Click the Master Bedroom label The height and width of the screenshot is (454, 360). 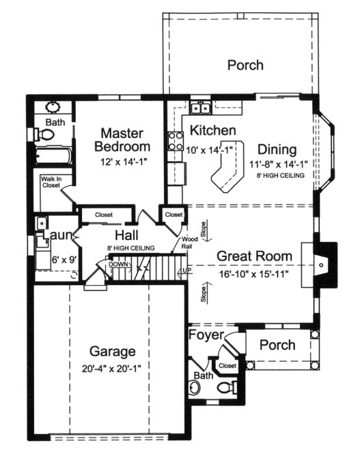click(x=121, y=139)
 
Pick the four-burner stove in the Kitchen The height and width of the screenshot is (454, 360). click(x=172, y=139)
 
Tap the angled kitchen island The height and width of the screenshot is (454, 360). click(x=226, y=174)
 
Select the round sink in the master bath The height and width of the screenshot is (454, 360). click(x=53, y=108)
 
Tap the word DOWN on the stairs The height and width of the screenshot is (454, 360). click(x=100, y=263)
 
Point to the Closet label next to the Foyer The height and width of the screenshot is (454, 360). click(x=227, y=366)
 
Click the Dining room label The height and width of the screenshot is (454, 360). click(x=277, y=150)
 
